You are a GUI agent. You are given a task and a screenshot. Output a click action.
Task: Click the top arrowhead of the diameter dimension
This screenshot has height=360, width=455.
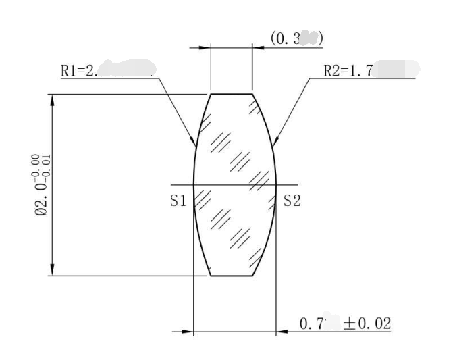point(52,99)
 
